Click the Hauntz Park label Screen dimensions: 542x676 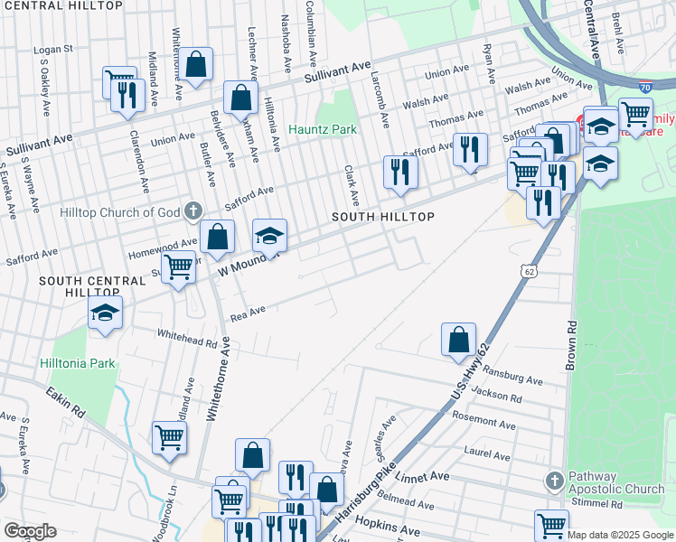323,129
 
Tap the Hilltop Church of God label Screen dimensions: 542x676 119,212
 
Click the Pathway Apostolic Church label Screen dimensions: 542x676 616,482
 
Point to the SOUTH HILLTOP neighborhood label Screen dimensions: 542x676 383,218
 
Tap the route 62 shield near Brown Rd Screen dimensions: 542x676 529,270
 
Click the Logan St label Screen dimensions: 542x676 52,49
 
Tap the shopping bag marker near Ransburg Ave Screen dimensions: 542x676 459,340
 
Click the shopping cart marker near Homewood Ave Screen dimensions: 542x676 179,267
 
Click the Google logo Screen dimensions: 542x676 30,531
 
